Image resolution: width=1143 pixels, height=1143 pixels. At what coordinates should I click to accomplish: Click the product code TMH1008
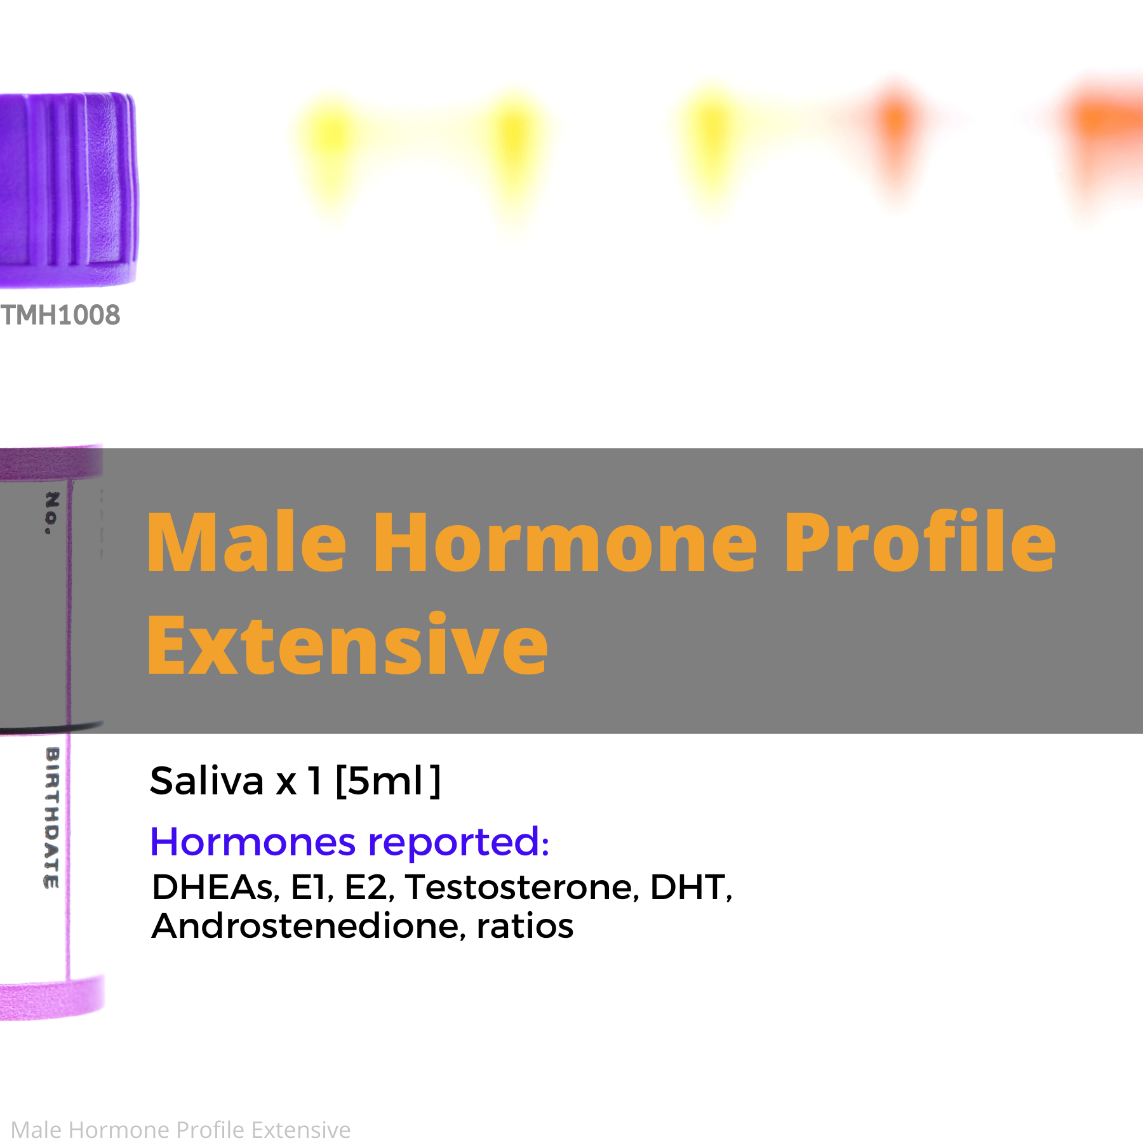coord(60,315)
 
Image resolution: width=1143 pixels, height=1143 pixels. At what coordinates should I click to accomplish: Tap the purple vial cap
coord(68,189)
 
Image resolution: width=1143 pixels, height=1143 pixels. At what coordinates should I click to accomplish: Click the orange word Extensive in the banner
coord(347,644)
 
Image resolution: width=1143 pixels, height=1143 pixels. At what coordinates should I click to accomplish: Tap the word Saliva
coord(206,780)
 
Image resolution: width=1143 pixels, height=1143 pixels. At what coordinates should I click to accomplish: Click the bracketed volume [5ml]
coord(388,781)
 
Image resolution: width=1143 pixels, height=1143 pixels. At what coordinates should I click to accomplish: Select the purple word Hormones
coord(253,843)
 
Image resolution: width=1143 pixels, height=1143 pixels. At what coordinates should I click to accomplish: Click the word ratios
coord(525,926)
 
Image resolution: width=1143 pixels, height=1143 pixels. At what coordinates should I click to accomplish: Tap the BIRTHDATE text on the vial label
coord(52,818)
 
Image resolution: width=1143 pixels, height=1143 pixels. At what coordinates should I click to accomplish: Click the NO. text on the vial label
coord(52,513)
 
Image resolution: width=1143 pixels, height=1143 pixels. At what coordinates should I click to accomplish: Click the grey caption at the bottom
coord(181,1130)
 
